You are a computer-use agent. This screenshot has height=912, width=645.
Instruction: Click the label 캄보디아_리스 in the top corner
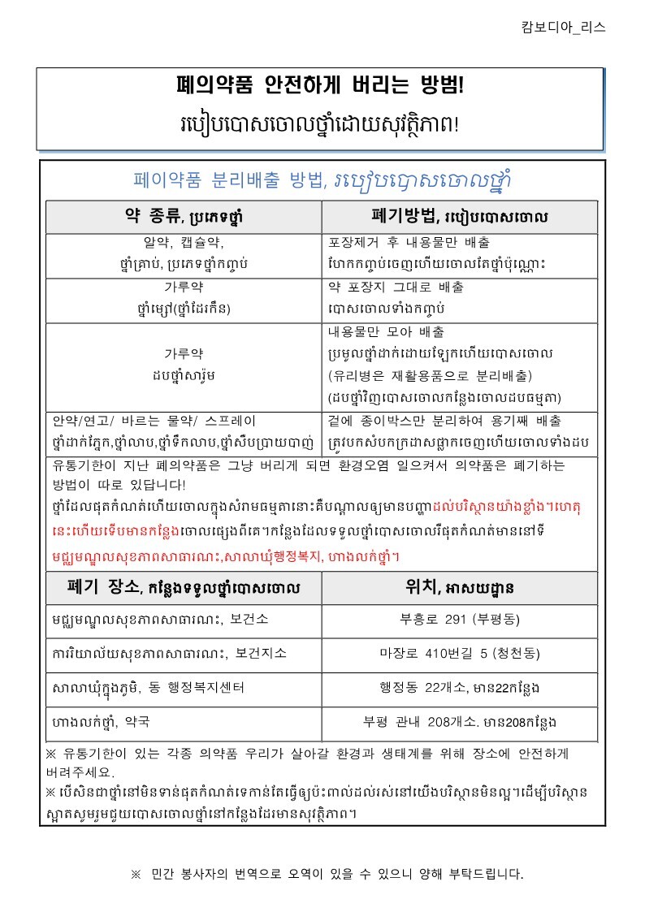pyautogui.click(x=563, y=27)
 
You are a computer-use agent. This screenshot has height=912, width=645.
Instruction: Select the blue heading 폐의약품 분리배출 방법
pyautogui.click(x=227, y=179)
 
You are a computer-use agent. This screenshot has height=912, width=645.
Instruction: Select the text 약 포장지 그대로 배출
pyautogui.click(x=396, y=287)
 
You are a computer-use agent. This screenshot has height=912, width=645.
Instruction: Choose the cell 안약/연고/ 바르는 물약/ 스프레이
pyautogui.click(x=154, y=421)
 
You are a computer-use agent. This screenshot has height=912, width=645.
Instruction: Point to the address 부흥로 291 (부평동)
pyautogui.click(x=460, y=620)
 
